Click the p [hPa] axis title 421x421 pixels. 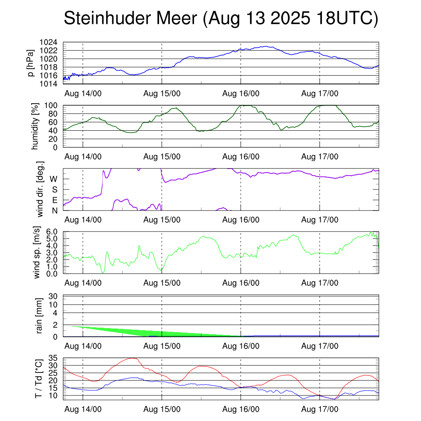click(x=30, y=63)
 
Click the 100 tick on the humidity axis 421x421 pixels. click(x=54, y=105)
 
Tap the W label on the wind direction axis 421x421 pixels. click(x=53, y=179)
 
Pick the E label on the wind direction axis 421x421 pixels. click(x=55, y=200)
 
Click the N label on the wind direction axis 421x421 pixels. click(x=55, y=210)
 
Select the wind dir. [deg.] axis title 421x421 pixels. click(x=40, y=189)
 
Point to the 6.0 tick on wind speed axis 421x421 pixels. click(x=51, y=231)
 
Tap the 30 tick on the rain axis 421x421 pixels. click(x=53, y=296)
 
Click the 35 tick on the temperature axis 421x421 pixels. click(x=53, y=358)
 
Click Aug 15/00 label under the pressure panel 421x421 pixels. click(x=162, y=93)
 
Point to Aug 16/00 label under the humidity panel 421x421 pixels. click(x=241, y=157)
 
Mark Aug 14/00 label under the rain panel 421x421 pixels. click(x=83, y=346)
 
